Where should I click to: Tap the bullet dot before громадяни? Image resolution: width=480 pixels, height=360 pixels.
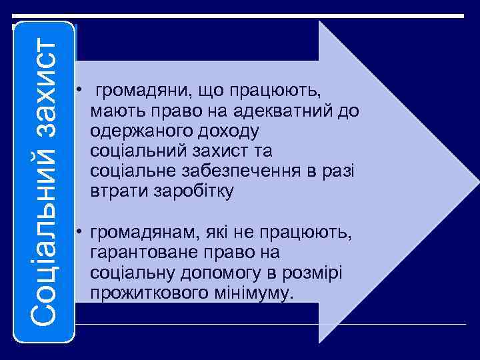(79, 90)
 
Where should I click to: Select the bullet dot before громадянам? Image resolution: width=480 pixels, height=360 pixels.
(79, 232)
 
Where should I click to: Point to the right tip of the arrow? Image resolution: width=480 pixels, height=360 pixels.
(476, 181)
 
